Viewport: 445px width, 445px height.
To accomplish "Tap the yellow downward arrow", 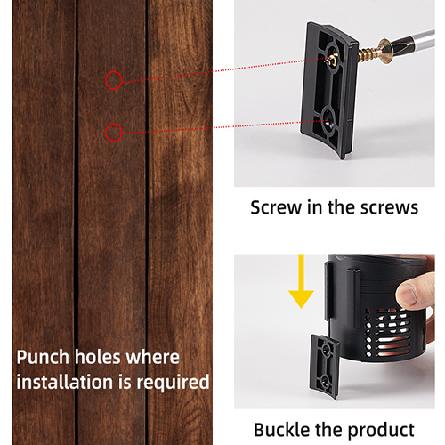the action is point(301,281).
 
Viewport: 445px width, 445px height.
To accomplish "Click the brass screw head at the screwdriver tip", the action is point(384,48).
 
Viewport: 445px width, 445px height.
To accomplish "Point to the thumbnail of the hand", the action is point(407,294).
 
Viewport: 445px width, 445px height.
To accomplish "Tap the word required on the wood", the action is point(173,383).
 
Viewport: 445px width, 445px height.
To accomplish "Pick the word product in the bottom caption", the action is point(381,431).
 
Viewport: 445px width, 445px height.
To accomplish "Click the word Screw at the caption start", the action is point(276,207).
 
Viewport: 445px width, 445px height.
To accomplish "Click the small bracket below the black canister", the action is point(325,367).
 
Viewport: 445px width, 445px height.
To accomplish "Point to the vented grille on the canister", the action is point(388,332).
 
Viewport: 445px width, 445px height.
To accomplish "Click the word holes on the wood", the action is point(97,357).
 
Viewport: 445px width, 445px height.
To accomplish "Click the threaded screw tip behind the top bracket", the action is point(368,54).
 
